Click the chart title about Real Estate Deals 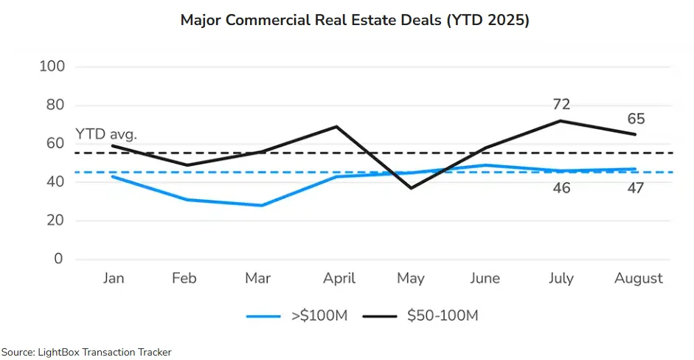[x=355, y=21]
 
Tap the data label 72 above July [x=561, y=105]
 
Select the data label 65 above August [x=636, y=119]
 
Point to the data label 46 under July [x=561, y=188]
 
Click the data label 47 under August [x=636, y=188]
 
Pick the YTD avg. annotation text [x=106, y=134]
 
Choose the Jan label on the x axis [x=113, y=278]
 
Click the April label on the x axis [x=339, y=278]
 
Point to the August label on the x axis [x=639, y=278]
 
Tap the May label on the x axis [x=411, y=278]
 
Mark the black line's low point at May [x=411, y=188]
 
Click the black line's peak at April [x=336, y=126]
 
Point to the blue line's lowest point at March [x=261, y=205]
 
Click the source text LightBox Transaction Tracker [x=86, y=353]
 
